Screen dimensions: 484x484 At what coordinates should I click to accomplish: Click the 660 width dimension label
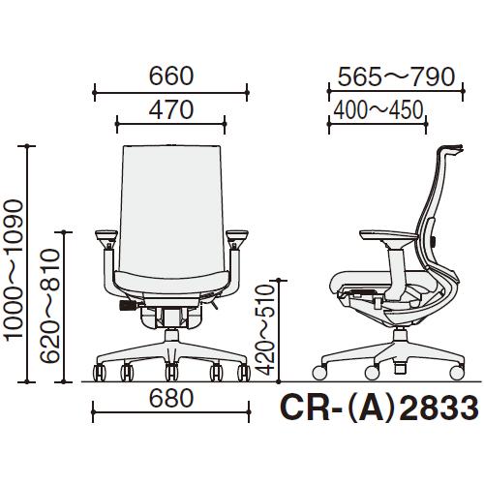(171, 76)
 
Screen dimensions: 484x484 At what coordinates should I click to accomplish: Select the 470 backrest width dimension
(171, 109)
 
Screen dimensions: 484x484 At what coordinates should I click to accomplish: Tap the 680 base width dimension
(171, 398)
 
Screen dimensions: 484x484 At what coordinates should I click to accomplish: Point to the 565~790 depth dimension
(396, 77)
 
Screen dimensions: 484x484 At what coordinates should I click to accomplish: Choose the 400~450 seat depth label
(378, 110)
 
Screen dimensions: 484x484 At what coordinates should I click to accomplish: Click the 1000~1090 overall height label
(14, 270)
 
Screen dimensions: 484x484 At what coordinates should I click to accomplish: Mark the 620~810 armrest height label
(50, 306)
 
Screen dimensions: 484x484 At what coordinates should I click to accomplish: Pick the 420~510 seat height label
(265, 330)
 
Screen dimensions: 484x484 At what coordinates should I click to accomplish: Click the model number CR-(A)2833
(379, 408)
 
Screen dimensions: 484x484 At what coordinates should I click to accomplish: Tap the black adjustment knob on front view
(128, 305)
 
